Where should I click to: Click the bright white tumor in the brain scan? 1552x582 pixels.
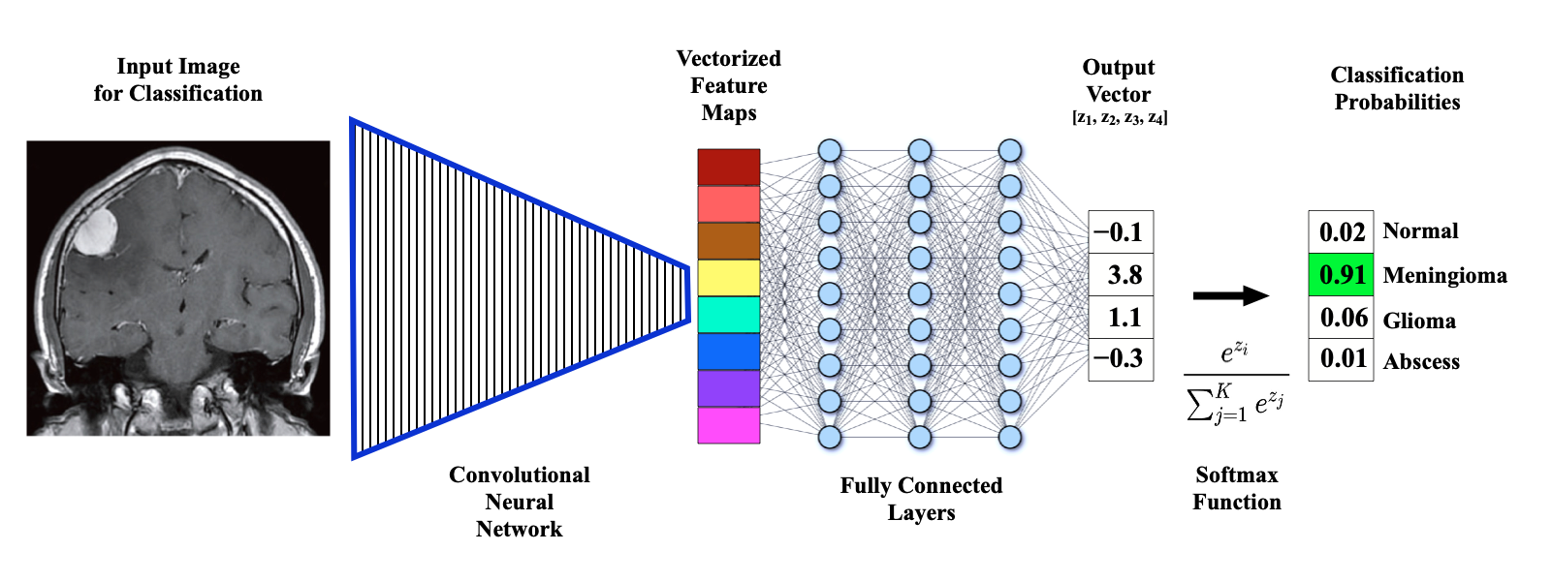coord(95,230)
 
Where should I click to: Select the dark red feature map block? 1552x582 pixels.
coord(728,167)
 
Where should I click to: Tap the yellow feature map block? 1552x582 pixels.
coord(728,278)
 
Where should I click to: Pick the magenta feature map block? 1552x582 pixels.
coord(728,425)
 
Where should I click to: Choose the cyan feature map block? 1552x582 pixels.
coord(728,315)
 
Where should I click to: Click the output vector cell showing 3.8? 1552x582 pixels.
coord(1121,275)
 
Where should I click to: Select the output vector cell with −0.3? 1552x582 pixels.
coord(1121,359)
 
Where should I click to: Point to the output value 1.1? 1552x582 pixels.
coord(1124,317)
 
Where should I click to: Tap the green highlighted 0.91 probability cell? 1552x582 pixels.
coord(1341,275)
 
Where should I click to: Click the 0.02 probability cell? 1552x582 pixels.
coord(1341,231)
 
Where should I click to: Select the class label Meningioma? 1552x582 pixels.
coord(1444,275)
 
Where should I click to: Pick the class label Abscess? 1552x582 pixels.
coord(1421,361)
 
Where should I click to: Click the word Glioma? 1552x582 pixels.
coord(1419,321)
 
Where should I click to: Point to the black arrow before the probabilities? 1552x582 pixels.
coord(1230,295)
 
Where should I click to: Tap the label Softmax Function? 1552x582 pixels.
coord(1237,488)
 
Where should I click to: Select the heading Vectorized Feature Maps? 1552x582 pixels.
coord(729,85)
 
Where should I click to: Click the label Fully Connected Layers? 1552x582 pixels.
coord(921,499)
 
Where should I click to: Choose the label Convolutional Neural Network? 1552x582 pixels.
coord(519,502)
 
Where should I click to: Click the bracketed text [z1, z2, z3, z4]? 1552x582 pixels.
coord(1120,117)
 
